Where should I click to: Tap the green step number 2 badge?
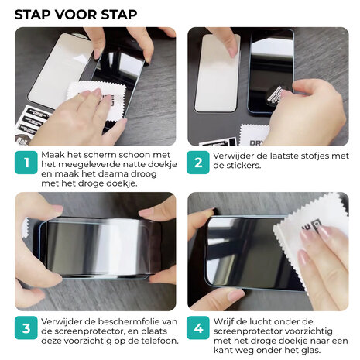[x=199, y=163]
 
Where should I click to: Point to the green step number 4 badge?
[x=199, y=329]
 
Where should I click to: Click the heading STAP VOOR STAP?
[x=76, y=14]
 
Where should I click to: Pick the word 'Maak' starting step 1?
[x=56, y=154]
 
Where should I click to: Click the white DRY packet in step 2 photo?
[x=253, y=135]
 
